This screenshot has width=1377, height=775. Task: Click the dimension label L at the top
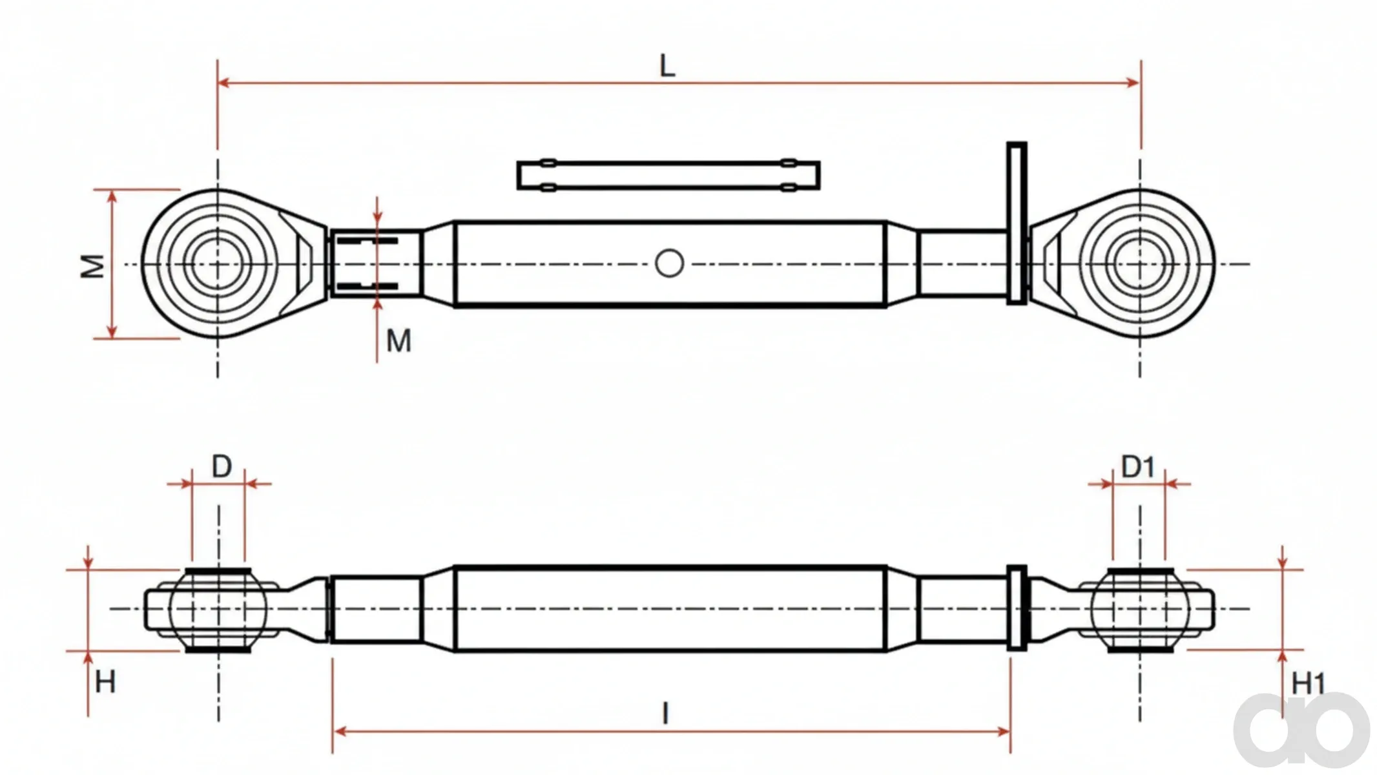tap(667, 66)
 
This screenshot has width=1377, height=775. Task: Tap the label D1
tap(1137, 466)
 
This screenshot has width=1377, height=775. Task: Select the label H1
tap(1308, 683)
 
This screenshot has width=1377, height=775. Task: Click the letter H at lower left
tap(105, 682)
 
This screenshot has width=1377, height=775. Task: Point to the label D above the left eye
tap(222, 466)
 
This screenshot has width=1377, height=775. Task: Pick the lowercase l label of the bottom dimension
tap(665, 714)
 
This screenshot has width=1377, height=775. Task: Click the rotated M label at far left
tap(92, 266)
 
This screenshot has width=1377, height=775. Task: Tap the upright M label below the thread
tap(399, 340)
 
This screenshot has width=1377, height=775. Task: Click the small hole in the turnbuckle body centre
tap(669, 263)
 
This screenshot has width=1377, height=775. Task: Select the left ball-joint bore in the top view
tap(217, 263)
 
